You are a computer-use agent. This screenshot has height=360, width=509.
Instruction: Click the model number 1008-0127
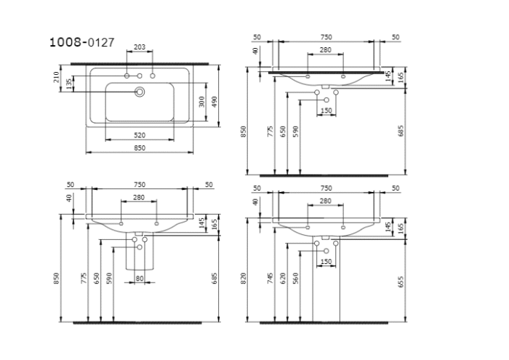[81, 42]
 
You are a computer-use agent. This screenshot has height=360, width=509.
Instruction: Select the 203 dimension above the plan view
[140, 47]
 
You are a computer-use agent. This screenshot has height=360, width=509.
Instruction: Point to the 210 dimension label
[57, 77]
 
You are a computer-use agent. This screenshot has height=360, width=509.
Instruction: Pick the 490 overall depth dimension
[215, 102]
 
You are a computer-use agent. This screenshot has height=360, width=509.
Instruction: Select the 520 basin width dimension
[140, 135]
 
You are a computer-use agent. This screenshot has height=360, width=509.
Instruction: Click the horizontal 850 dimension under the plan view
[140, 148]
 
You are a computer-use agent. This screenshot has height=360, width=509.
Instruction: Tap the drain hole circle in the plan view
[140, 92]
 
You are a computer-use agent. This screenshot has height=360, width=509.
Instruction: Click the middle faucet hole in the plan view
[140, 76]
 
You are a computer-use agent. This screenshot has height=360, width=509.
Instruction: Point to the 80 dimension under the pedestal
[139, 277]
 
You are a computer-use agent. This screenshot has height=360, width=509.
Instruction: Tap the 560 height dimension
[296, 279]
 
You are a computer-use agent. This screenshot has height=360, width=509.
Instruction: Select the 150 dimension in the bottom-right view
[326, 261]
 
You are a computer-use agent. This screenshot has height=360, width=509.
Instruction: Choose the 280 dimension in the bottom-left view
[139, 198]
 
